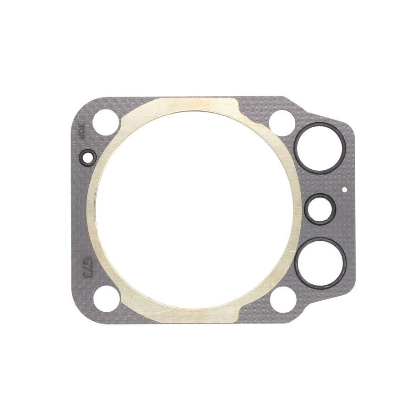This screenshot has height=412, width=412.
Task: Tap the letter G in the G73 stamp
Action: click(87, 262)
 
